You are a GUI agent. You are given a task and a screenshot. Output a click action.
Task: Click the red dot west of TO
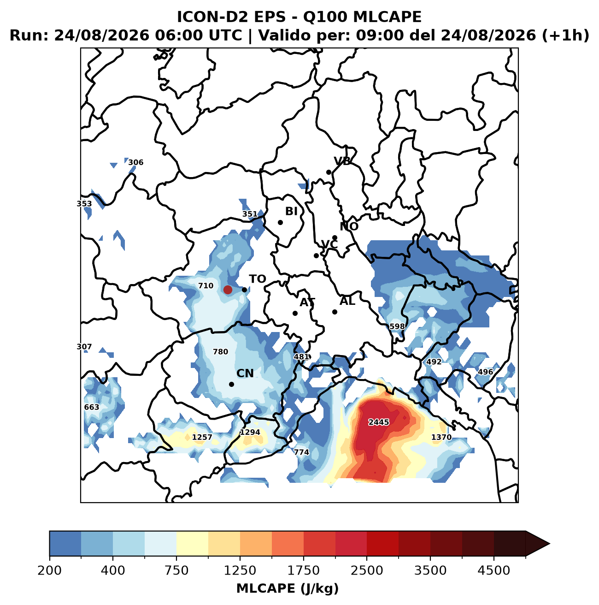click(x=228, y=290)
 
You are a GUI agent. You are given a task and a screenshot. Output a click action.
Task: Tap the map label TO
click(x=257, y=279)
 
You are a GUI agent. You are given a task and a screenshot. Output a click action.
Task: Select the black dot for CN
click(x=231, y=384)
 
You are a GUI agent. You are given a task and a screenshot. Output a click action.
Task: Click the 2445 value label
click(x=379, y=422)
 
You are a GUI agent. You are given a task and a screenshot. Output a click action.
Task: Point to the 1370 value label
click(x=441, y=437)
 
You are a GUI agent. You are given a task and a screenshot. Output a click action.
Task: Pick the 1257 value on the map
click(x=202, y=437)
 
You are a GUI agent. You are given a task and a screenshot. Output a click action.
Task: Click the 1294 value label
click(x=250, y=433)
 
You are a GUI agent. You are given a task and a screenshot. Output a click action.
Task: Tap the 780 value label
click(x=221, y=352)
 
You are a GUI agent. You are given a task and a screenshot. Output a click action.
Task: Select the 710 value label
click(x=206, y=286)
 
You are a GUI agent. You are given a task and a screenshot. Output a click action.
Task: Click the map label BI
click(x=291, y=211)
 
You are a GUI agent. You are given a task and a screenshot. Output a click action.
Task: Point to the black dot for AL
click(x=335, y=312)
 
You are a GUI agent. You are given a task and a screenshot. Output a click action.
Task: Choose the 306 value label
click(x=136, y=162)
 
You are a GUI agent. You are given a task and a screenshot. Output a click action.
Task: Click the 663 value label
click(x=92, y=407)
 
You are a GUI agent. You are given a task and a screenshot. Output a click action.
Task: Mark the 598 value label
click(x=397, y=326)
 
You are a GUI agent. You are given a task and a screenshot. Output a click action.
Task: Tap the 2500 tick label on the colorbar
click(x=367, y=570)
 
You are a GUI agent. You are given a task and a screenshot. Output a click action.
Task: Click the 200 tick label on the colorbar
click(x=50, y=570)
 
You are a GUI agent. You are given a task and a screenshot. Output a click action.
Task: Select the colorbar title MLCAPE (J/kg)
click(x=288, y=588)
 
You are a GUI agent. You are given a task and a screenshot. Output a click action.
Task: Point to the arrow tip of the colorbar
click(x=550, y=544)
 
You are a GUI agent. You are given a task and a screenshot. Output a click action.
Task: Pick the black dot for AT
click(x=295, y=313)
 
